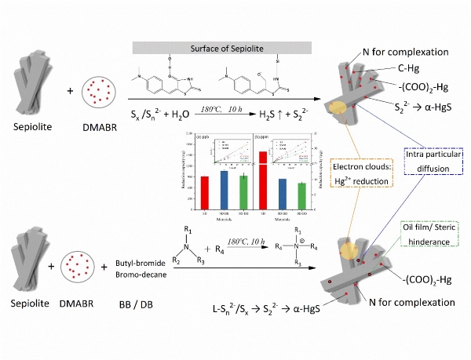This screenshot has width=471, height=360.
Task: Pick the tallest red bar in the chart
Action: click(262, 180)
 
